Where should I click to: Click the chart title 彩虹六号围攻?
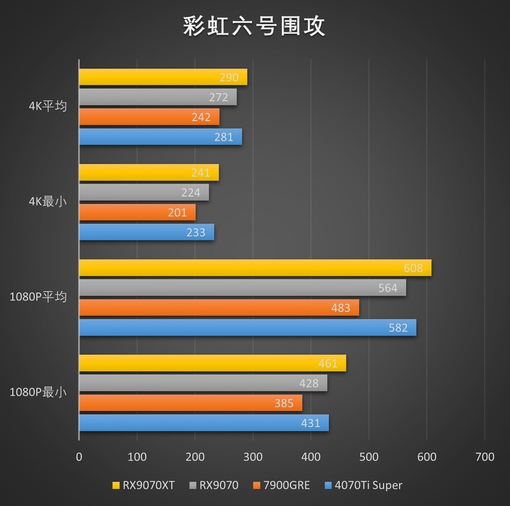click(254, 26)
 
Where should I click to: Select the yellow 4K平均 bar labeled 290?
click(163, 77)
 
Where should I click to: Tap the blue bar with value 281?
click(160, 137)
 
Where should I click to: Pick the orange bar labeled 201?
click(137, 212)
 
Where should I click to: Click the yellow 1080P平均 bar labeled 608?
click(255, 268)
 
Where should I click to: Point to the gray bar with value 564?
click(242, 288)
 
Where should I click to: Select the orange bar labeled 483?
click(219, 308)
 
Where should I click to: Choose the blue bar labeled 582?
click(247, 327)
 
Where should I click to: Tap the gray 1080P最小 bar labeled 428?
click(203, 383)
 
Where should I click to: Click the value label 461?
click(328, 364)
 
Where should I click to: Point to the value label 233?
click(196, 233)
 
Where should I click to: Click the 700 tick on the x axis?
click(484, 457)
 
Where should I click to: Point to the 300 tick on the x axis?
click(253, 457)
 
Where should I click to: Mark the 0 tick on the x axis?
click(79, 457)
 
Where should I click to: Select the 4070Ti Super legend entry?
click(363, 486)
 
